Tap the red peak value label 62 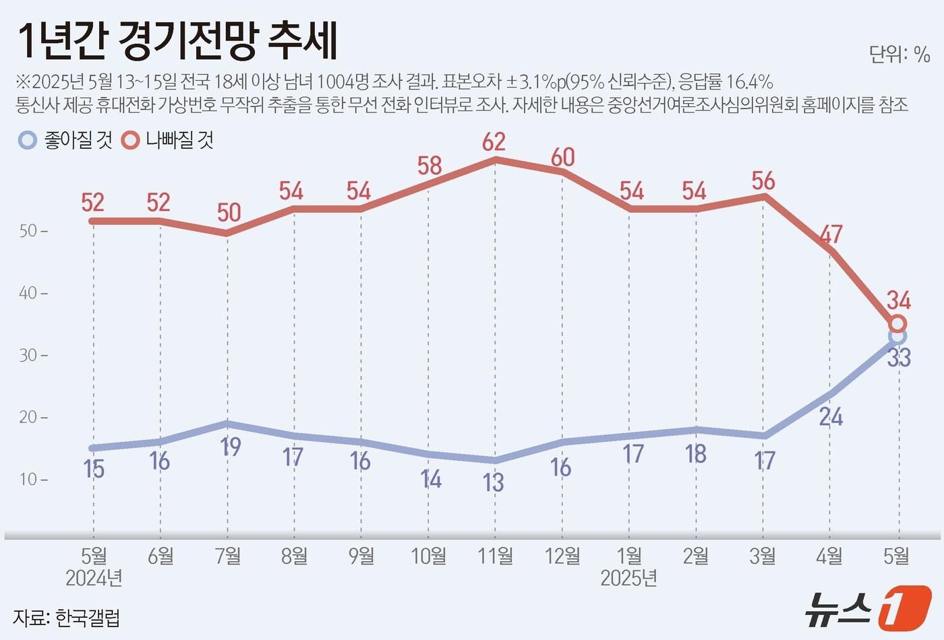coord(494,141)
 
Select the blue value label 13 coord(494,482)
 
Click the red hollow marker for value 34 coord(897,324)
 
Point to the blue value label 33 coord(899,358)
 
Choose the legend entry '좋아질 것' coord(67,140)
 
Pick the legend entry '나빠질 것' coord(168,140)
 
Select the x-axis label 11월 coord(496,556)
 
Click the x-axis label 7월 coord(228,556)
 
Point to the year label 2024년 coord(94,578)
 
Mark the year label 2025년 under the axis coord(628,578)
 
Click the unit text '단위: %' coord(899,54)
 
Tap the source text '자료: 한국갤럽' coord(67,617)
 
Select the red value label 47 coord(831,234)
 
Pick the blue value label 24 coord(831,417)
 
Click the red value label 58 coord(430,166)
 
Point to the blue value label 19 coord(231,446)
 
